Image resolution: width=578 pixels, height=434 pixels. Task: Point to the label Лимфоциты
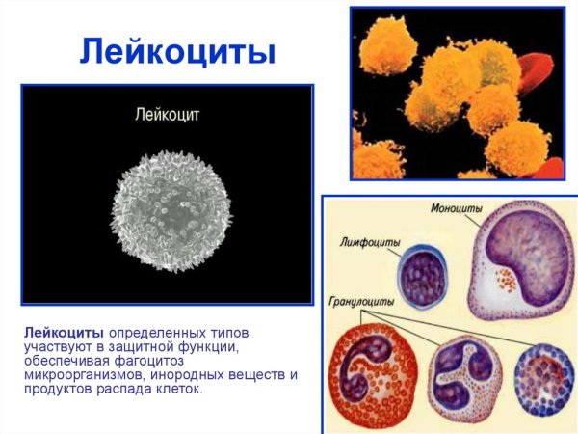tap(371, 241)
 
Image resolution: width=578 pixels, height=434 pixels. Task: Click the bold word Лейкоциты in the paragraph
tap(64, 331)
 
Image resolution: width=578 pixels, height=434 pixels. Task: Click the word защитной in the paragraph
tap(146, 345)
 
